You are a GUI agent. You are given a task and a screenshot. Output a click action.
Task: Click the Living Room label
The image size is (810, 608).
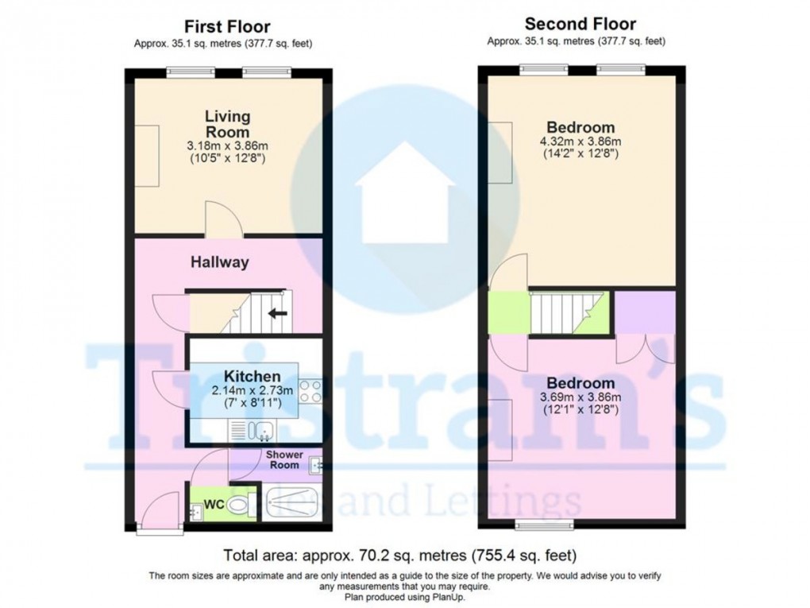tap(227, 124)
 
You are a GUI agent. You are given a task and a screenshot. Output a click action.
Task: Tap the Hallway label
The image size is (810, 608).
tap(219, 261)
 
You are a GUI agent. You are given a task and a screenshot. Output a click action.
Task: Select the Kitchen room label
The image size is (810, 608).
tap(252, 376)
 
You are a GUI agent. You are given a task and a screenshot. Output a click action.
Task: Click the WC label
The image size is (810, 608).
tap(214, 504)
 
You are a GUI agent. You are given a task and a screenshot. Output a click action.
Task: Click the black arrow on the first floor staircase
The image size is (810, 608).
tap(277, 312)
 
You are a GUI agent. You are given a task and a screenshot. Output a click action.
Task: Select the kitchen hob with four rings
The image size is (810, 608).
tap(310, 392)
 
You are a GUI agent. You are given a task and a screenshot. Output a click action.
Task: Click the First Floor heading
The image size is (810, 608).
tap(227, 28)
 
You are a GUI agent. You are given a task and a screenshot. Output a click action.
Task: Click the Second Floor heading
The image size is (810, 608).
tap(580, 24)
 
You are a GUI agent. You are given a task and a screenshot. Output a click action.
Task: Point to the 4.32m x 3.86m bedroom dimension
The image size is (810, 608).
tap(580, 141)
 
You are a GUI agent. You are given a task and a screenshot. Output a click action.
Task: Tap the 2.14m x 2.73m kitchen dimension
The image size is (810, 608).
tap(252, 390)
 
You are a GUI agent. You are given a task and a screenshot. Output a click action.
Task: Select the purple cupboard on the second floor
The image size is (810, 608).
tap(645, 312)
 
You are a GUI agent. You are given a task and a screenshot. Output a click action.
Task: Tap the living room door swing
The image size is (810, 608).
tap(218, 220)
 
